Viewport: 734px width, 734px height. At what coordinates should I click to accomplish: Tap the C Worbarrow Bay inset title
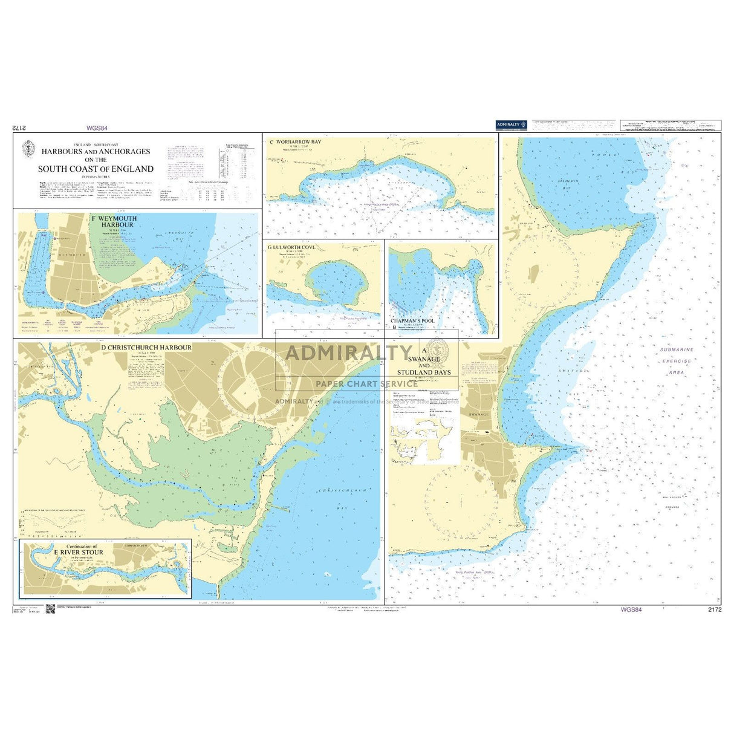click(296, 142)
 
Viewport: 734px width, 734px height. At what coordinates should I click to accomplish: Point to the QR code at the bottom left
click(50, 608)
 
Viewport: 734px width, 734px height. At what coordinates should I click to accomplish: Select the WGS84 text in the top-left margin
click(97, 128)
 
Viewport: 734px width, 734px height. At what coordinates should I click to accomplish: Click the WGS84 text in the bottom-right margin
click(631, 609)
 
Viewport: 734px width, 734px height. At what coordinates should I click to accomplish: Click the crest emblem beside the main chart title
click(27, 148)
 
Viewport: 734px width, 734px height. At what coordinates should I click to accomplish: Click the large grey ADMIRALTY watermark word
click(349, 352)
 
